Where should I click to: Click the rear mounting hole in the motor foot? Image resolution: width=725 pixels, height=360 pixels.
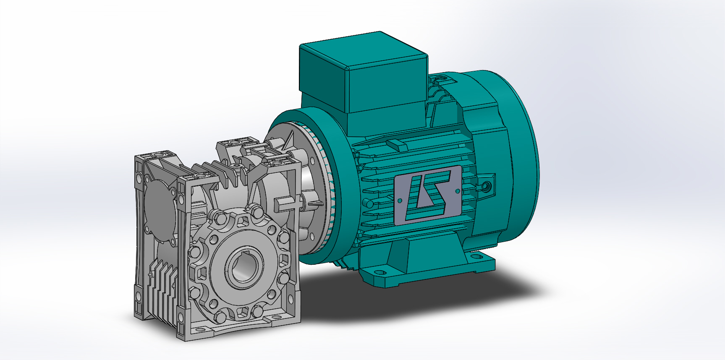click(476, 256)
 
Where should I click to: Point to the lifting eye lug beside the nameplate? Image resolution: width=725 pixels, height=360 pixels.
click(487, 185)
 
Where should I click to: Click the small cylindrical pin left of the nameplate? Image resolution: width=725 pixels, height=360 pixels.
click(368, 204)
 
